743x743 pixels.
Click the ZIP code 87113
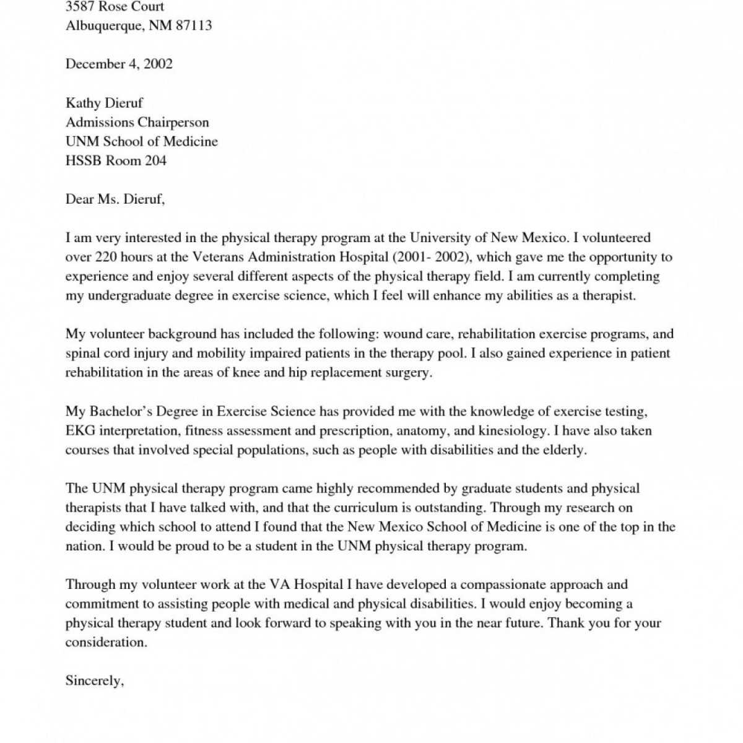tap(192, 26)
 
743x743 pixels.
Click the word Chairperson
tap(173, 122)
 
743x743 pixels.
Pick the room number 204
tap(155, 160)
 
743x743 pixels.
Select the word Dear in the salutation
tap(80, 199)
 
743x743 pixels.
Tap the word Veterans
tap(217, 257)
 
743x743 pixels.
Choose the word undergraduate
tap(131, 295)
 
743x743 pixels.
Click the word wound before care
tap(402, 334)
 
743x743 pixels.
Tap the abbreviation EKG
tap(80, 430)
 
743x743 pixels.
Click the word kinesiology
tap(512, 430)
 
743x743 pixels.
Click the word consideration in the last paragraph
tap(106, 642)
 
